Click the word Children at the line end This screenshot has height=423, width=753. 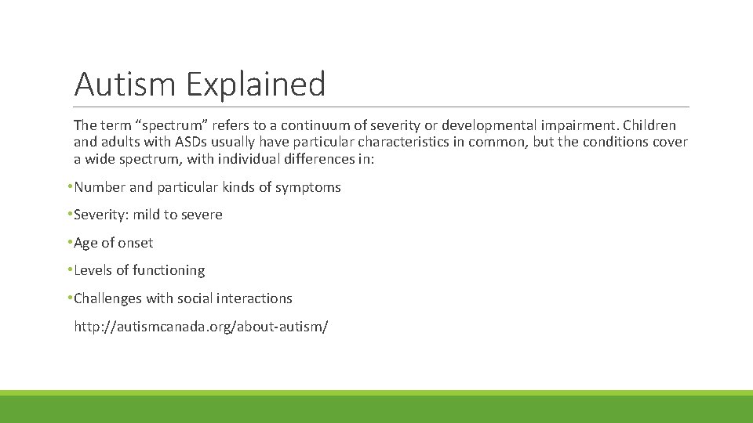649,125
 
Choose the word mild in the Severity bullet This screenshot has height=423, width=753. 147,215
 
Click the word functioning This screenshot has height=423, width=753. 169,270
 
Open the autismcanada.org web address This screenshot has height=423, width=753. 201,327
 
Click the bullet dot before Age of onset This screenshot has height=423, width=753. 71,243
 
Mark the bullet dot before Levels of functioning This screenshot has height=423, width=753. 71,270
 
